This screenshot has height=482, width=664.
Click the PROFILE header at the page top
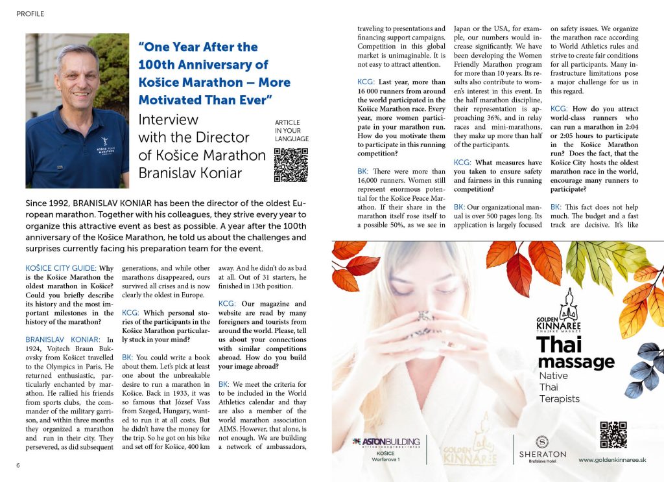click(30, 13)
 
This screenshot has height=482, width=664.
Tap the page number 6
click(19, 465)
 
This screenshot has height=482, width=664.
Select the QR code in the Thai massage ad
click(613, 435)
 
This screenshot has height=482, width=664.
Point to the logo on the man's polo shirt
click(102, 141)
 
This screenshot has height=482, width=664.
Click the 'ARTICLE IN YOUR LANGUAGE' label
click(292, 130)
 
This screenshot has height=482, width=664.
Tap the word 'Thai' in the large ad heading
click(560, 344)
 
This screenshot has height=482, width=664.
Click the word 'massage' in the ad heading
click(576, 361)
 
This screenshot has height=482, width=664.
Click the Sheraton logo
click(542, 446)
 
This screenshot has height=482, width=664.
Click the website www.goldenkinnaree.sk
click(612, 459)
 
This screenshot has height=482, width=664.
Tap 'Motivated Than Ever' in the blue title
click(204, 100)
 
